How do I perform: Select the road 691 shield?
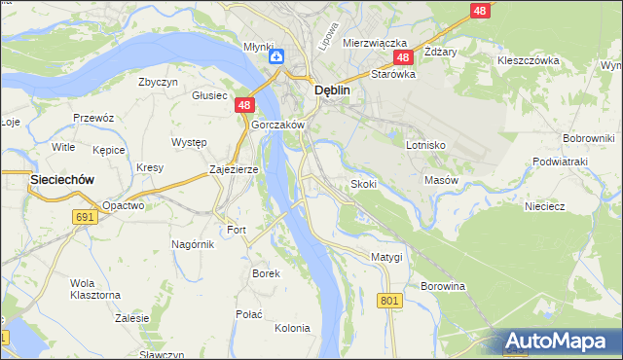pos(86,217)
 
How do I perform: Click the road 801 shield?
pos(390,302)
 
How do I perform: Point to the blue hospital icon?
pos(275,58)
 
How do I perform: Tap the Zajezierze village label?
pos(234,169)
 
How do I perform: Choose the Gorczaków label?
pos(278,126)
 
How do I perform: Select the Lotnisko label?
pos(425,144)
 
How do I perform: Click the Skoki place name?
pos(363,183)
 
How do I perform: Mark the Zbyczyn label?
pos(159,82)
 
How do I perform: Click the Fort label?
pos(238,230)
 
